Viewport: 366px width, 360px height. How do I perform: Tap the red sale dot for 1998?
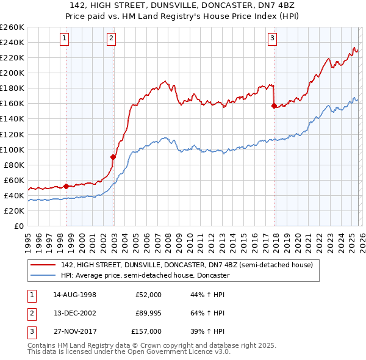point(66,185)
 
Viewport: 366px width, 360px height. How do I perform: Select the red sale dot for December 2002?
point(113,157)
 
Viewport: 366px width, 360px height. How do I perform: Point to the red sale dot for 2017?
point(273,106)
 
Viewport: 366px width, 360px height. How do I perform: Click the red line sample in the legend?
point(44,265)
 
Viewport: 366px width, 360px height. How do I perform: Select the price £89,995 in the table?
point(149,313)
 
